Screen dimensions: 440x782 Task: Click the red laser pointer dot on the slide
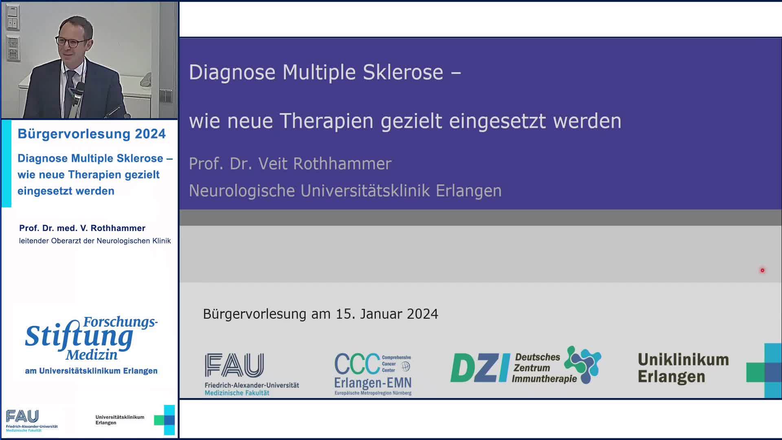pos(762,270)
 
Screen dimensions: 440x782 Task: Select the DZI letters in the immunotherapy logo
pos(480,368)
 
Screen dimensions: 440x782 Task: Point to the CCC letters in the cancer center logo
pos(357,364)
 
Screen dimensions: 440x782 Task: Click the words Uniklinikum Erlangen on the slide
pos(683,368)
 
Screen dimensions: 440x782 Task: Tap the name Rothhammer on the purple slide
pos(342,164)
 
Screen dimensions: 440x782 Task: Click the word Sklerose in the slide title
pos(402,73)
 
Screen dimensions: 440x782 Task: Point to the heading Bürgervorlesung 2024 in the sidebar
pos(92,134)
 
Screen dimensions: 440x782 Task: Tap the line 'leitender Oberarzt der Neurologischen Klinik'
pos(95,241)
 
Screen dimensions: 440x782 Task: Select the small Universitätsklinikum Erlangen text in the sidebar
pos(120,420)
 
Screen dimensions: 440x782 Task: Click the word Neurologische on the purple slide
pos(242,191)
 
